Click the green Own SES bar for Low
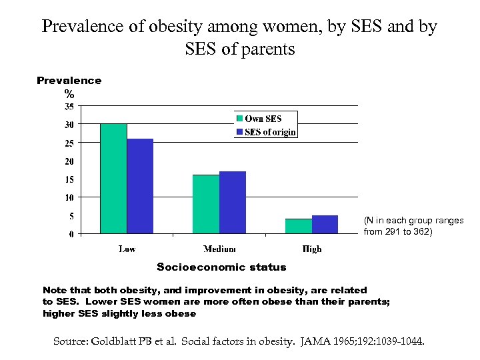point(113,179)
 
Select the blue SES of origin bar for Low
point(140,186)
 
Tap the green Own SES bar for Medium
point(206,204)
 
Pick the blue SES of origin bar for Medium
point(233,203)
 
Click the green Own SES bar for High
point(299,226)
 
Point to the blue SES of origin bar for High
point(325,225)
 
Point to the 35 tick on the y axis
point(69,106)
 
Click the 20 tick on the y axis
point(69,161)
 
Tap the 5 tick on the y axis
point(71,216)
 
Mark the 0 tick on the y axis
point(71,234)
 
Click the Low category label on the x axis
point(127,249)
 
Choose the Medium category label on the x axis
point(219,249)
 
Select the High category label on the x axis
point(311,249)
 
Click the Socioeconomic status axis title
point(221,267)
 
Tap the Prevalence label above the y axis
point(69,81)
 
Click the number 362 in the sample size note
point(421,232)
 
